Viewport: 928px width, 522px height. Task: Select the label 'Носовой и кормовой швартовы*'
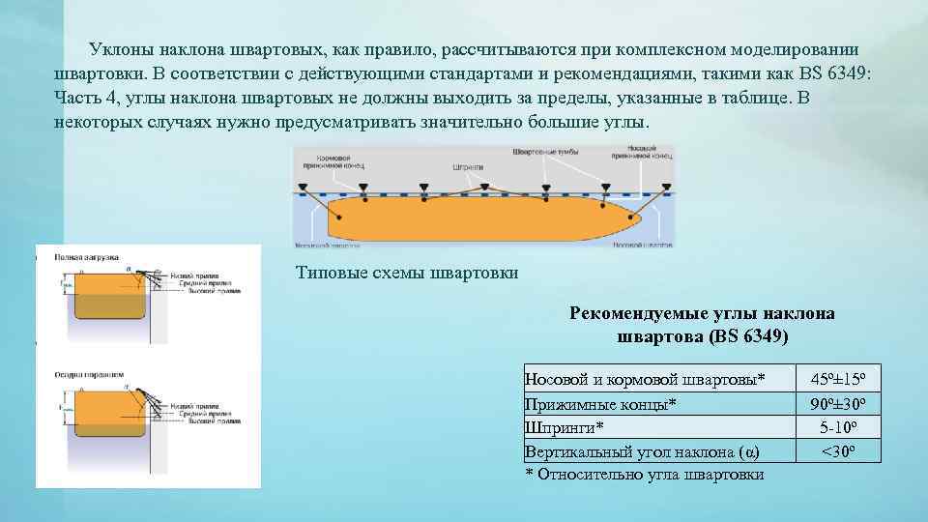[x=644, y=378]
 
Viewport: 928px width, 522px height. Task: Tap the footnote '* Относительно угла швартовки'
[x=644, y=474]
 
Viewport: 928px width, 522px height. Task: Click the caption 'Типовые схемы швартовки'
[x=407, y=273]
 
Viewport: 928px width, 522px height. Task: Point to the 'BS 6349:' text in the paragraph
[x=835, y=74]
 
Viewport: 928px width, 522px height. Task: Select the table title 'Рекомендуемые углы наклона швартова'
[x=703, y=325]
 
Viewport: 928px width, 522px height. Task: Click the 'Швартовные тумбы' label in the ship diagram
[x=545, y=152]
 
